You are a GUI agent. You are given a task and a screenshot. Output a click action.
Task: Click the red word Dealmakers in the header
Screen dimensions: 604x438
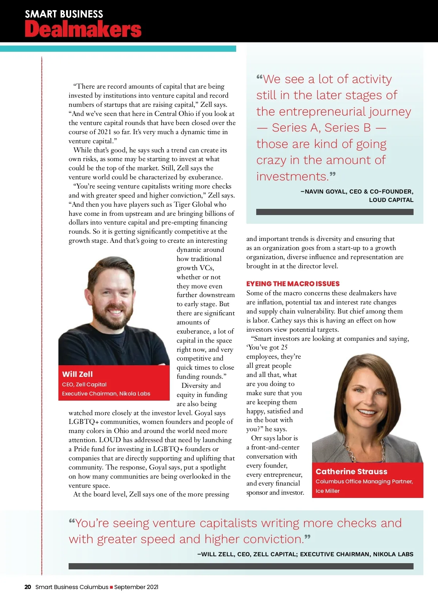point(83,29)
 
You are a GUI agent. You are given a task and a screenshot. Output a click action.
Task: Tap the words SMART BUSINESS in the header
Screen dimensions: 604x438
point(64,14)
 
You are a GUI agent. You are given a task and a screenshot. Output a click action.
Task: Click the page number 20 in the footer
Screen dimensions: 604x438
point(28,587)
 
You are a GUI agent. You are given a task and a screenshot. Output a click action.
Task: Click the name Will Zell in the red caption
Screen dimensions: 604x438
point(77,374)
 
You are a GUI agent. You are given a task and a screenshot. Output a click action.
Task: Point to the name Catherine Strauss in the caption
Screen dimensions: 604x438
point(351,471)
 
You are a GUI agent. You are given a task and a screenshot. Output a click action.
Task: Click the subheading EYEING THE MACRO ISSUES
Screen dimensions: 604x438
point(293,284)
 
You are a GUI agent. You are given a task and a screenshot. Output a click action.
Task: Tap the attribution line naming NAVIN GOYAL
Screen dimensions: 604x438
point(357,191)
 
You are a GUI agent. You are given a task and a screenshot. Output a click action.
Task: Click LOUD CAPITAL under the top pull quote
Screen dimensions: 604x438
point(391,200)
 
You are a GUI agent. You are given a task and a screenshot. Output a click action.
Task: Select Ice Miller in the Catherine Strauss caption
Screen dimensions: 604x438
point(327,491)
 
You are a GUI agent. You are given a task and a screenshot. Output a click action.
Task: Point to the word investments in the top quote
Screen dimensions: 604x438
point(292,176)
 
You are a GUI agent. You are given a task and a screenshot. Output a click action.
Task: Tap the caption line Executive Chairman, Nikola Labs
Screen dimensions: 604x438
point(106,394)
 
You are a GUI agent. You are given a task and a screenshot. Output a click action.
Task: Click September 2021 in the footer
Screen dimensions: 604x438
point(136,587)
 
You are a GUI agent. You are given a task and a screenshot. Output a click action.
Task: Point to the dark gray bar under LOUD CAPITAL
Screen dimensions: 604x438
point(335,212)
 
